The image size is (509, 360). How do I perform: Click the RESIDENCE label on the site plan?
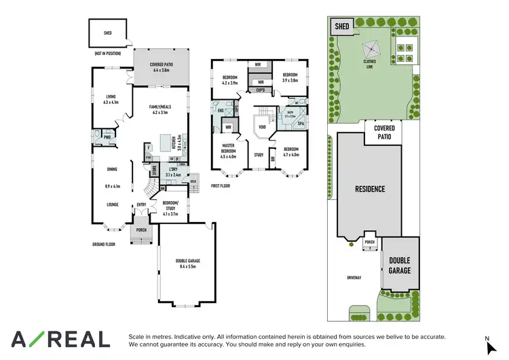click(x=368, y=189)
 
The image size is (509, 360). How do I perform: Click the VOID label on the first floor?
click(x=261, y=127)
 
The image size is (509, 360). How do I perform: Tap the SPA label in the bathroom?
click(x=301, y=124)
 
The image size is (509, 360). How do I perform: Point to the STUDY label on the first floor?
click(x=259, y=155)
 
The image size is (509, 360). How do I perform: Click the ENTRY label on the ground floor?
click(x=141, y=204)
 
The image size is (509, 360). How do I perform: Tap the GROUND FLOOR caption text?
click(x=104, y=244)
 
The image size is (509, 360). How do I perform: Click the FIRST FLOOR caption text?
click(x=221, y=185)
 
